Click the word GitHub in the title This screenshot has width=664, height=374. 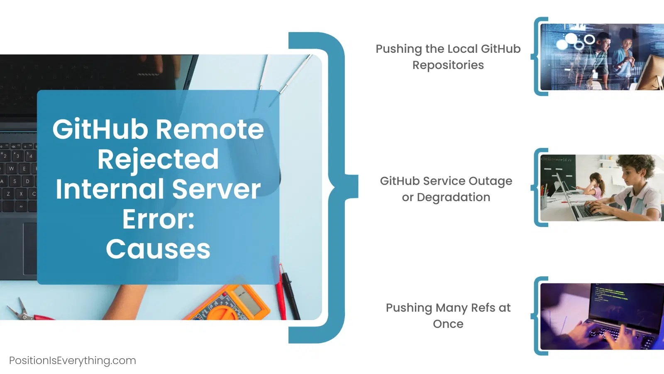(100, 129)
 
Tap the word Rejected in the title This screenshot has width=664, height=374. (158, 159)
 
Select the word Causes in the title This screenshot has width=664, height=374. (158, 249)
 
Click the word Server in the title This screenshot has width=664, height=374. (216, 189)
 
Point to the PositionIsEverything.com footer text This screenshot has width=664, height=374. (73, 360)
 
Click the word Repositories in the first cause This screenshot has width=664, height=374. (448, 65)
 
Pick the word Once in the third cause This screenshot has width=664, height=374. (448, 324)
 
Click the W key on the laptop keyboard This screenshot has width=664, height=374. (12, 169)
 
